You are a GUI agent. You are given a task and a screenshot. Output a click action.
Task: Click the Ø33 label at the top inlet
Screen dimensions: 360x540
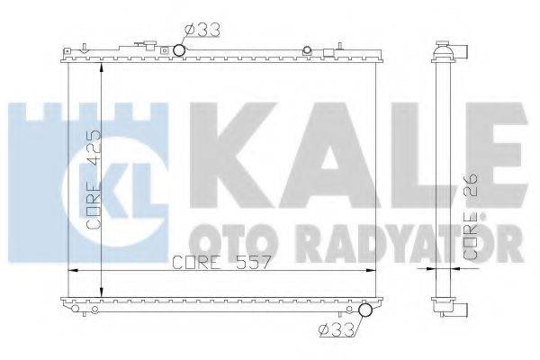[x=201, y=30]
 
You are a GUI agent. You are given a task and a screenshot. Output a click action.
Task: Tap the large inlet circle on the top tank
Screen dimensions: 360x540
[x=178, y=49]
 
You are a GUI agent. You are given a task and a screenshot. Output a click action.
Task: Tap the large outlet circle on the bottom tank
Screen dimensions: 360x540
[x=364, y=312]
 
